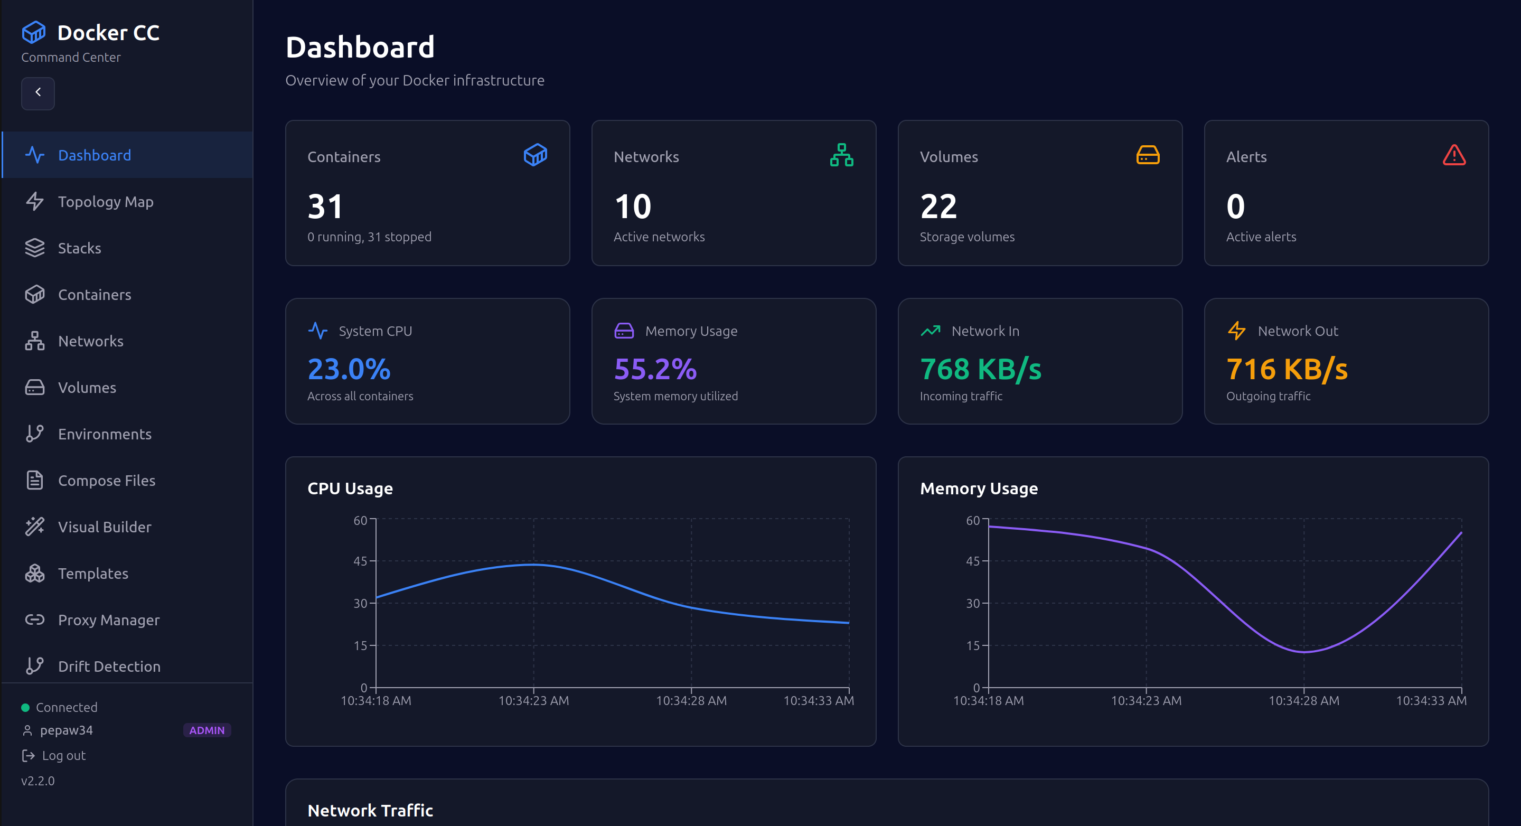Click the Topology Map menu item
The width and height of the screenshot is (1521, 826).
click(x=105, y=202)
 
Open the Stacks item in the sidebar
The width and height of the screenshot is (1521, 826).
click(x=79, y=248)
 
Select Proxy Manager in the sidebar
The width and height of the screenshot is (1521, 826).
click(x=109, y=620)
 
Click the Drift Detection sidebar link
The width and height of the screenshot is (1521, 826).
click(x=109, y=666)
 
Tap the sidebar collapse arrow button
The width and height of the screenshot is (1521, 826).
click(x=38, y=93)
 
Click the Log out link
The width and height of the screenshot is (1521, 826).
click(x=63, y=755)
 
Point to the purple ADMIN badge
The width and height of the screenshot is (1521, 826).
click(x=206, y=730)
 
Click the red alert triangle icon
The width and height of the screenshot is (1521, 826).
click(x=1454, y=155)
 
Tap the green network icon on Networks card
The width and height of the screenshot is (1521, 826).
click(x=841, y=155)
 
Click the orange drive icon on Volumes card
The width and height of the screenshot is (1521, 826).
click(x=1148, y=155)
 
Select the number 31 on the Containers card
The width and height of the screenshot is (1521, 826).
click(x=325, y=207)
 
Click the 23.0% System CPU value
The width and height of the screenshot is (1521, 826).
click(x=349, y=369)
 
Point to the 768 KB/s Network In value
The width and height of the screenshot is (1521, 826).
click(x=980, y=369)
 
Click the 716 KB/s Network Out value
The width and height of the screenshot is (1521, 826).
click(x=1287, y=369)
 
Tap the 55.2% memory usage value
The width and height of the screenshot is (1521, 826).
click(x=655, y=369)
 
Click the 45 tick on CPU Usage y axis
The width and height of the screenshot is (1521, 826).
click(x=360, y=561)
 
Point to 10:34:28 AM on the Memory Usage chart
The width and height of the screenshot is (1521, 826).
click(x=1304, y=700)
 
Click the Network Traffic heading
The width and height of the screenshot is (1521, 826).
click(x=370, y=810)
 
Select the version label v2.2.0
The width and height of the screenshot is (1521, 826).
click(x=38, y=781)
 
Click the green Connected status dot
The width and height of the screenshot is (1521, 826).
click(x=25, y=707)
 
